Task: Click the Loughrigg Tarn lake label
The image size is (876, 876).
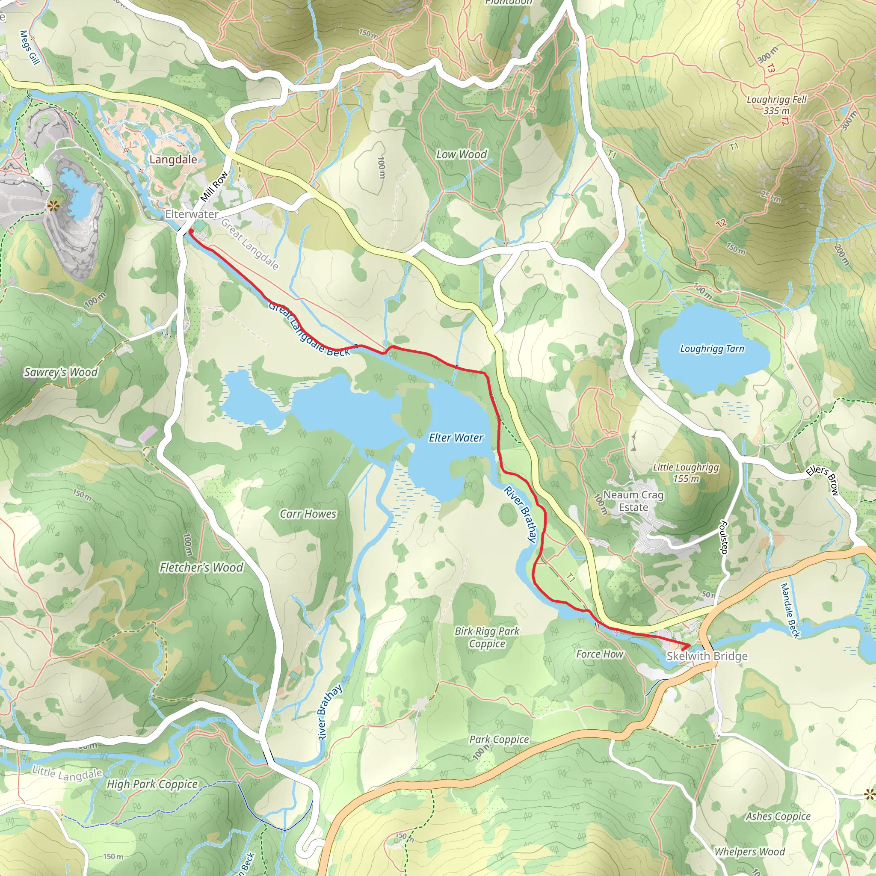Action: coord(712,349)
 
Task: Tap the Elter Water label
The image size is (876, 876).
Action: coord(456,438)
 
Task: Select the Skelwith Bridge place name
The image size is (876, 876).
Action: coord(707,656)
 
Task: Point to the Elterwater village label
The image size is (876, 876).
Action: coord(191,214)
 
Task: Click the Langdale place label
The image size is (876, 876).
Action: coord(173,160)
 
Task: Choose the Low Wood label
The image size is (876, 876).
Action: coord(461,154)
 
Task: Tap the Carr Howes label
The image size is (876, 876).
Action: coord(308,514)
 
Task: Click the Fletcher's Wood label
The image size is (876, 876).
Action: coord(201,567)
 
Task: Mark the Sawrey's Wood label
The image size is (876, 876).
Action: coord(61,372)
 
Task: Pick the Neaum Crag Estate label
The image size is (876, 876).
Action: coord(633,501)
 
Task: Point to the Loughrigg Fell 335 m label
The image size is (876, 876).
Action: coord(777,105)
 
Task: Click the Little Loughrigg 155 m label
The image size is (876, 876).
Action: coord(686,473)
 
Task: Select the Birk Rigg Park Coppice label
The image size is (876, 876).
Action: coord(487,637)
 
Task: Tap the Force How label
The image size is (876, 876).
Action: coord(599,654)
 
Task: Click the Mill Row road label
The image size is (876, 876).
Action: coord(214,186)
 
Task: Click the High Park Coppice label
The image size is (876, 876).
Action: coord(152,784)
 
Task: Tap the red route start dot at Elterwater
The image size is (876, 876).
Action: coord(191,231)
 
